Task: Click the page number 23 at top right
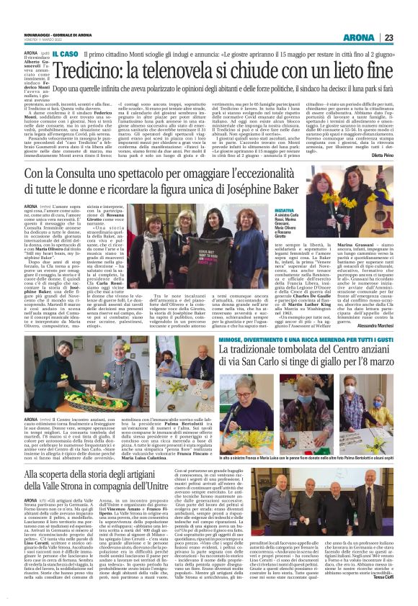[x=407, y=37]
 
